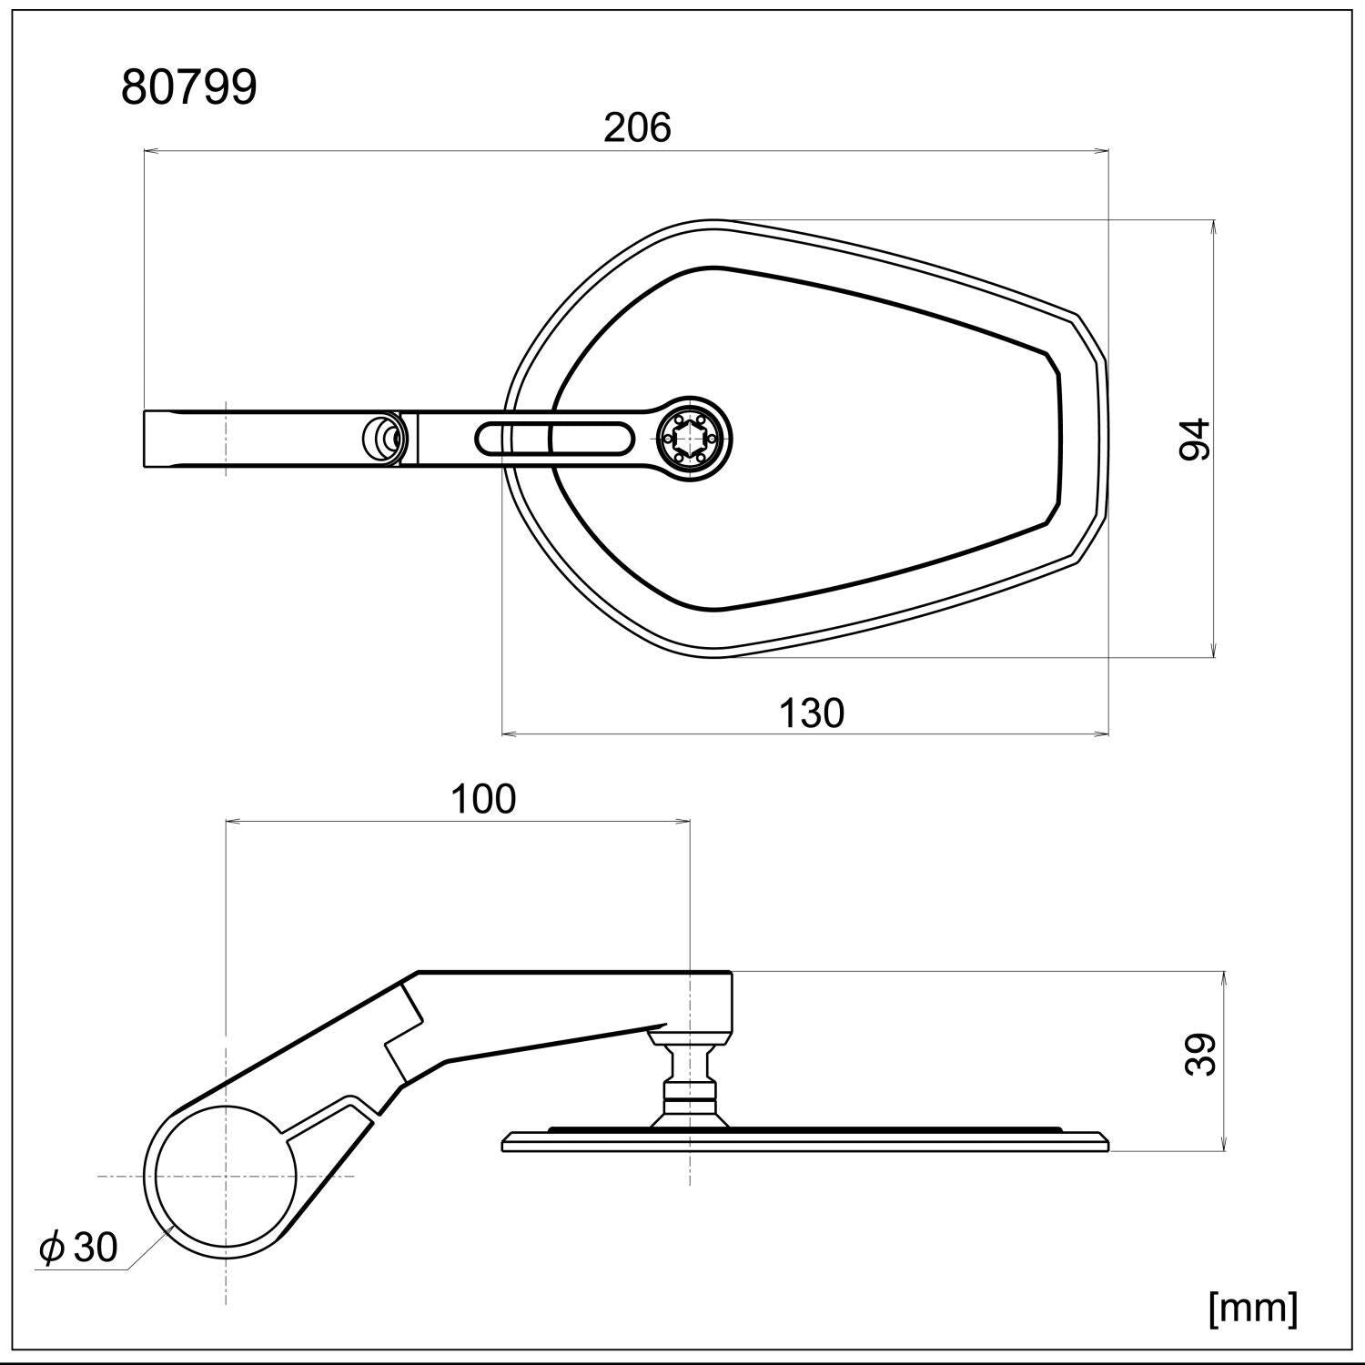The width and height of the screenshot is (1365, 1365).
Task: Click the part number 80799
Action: (x=189, y=88)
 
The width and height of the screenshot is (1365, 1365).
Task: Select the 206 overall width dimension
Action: (x=637, y=127)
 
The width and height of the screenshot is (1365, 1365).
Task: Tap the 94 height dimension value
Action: (x=1195, y=439)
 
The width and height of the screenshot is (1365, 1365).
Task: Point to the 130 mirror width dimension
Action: (x=811, y=713)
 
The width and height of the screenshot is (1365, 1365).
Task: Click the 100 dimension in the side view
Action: (x=483, y=798)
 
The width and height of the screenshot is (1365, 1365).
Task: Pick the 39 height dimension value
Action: (x=1202, y=1055)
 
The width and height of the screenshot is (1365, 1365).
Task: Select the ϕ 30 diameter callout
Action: (x=79, y=1247)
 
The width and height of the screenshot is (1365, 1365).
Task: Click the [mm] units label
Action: (x=1252, y=1309)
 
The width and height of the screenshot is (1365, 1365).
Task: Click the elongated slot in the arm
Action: (x=553, y=439)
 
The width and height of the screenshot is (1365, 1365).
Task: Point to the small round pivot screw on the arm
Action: (x=382, y=439)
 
